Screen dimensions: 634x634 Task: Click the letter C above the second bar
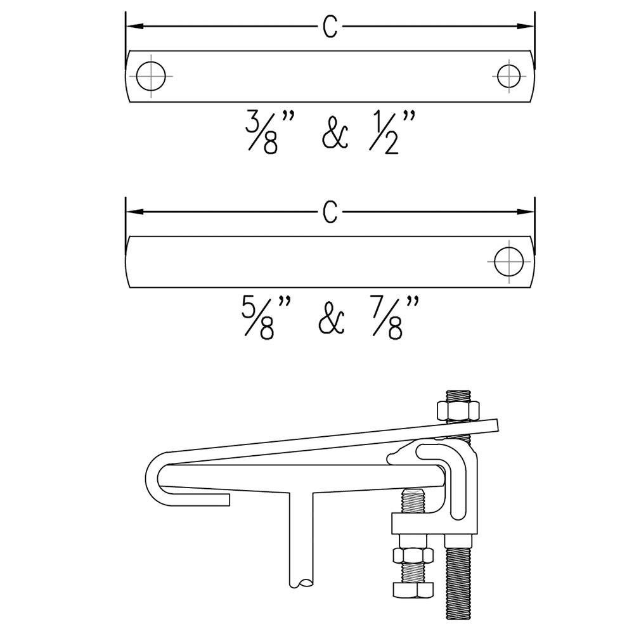point(330,212)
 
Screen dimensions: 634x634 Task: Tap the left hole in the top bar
point(152,76)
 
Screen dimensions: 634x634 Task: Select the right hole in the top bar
point(508,76)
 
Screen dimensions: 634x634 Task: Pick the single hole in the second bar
point(508,261)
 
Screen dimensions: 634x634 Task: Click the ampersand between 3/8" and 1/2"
point(335,136)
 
